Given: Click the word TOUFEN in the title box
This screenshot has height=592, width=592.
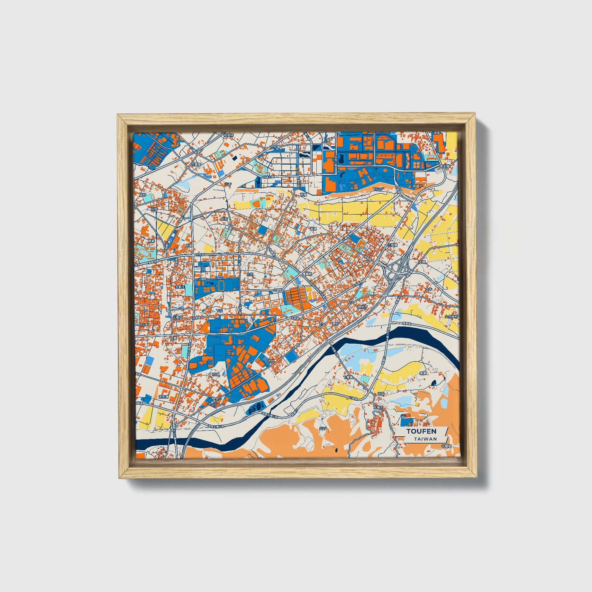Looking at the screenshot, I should point(421,431).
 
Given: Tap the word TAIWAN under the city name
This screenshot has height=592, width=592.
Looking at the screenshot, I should point(425,439).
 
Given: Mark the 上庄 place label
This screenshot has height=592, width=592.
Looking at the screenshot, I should point(250,274).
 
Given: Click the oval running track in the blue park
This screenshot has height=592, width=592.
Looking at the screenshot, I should point(222,285).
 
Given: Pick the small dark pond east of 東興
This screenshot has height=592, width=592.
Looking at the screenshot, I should point(433,383).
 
